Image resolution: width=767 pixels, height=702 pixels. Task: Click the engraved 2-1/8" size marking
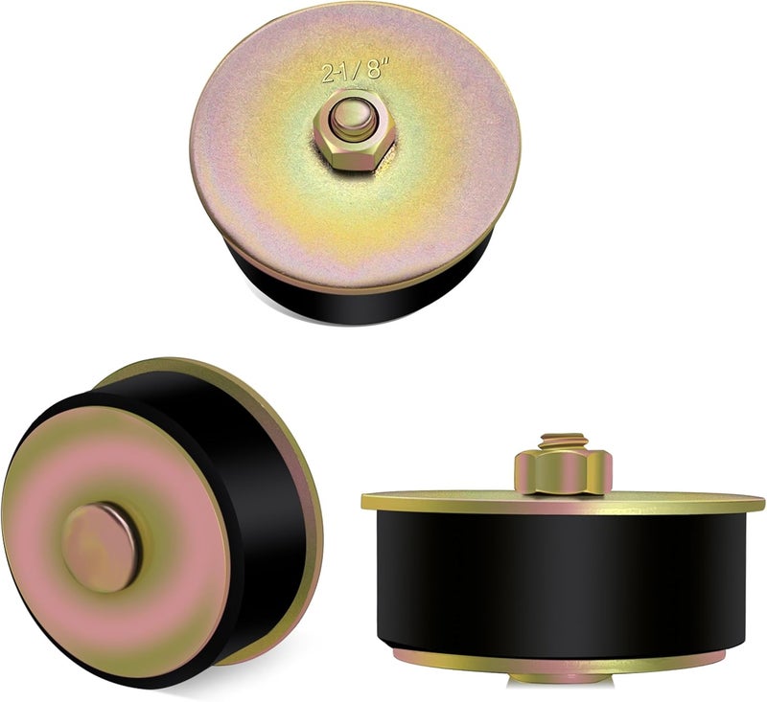tap(356, 70)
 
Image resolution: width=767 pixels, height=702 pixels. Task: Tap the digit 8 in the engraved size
tap(374, 69)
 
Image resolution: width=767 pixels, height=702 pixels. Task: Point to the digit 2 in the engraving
tap(328, 74)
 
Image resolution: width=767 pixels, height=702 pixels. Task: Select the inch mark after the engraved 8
tap(386, 61)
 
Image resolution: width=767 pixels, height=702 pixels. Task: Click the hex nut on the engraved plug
tap(355, 131)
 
